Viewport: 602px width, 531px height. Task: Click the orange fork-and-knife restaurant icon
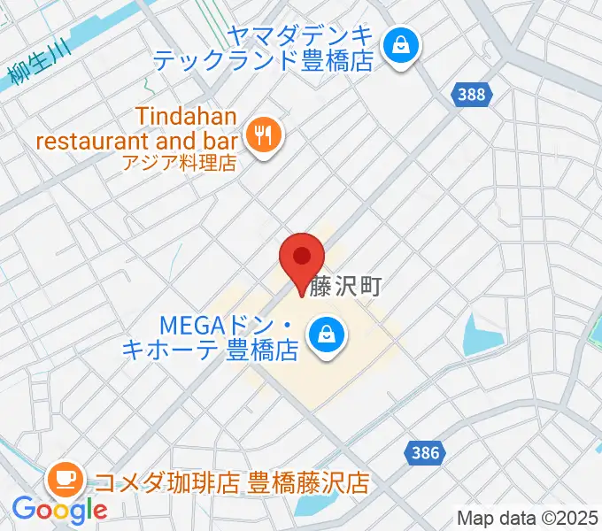(x=263, y=135)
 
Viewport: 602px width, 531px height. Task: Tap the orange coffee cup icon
(x=66, y=480)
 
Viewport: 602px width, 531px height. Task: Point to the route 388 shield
(x=472, y=94)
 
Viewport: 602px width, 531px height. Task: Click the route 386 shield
(x=425, y=453)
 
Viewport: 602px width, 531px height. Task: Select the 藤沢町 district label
(x=344, y=285)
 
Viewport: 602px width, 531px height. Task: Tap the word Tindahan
(x=187, y=116)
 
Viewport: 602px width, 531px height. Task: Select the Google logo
(x=59, y=510)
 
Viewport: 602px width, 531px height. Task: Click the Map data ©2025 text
(x=528, y=518)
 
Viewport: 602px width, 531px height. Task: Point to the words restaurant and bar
(x=136, y=140)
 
